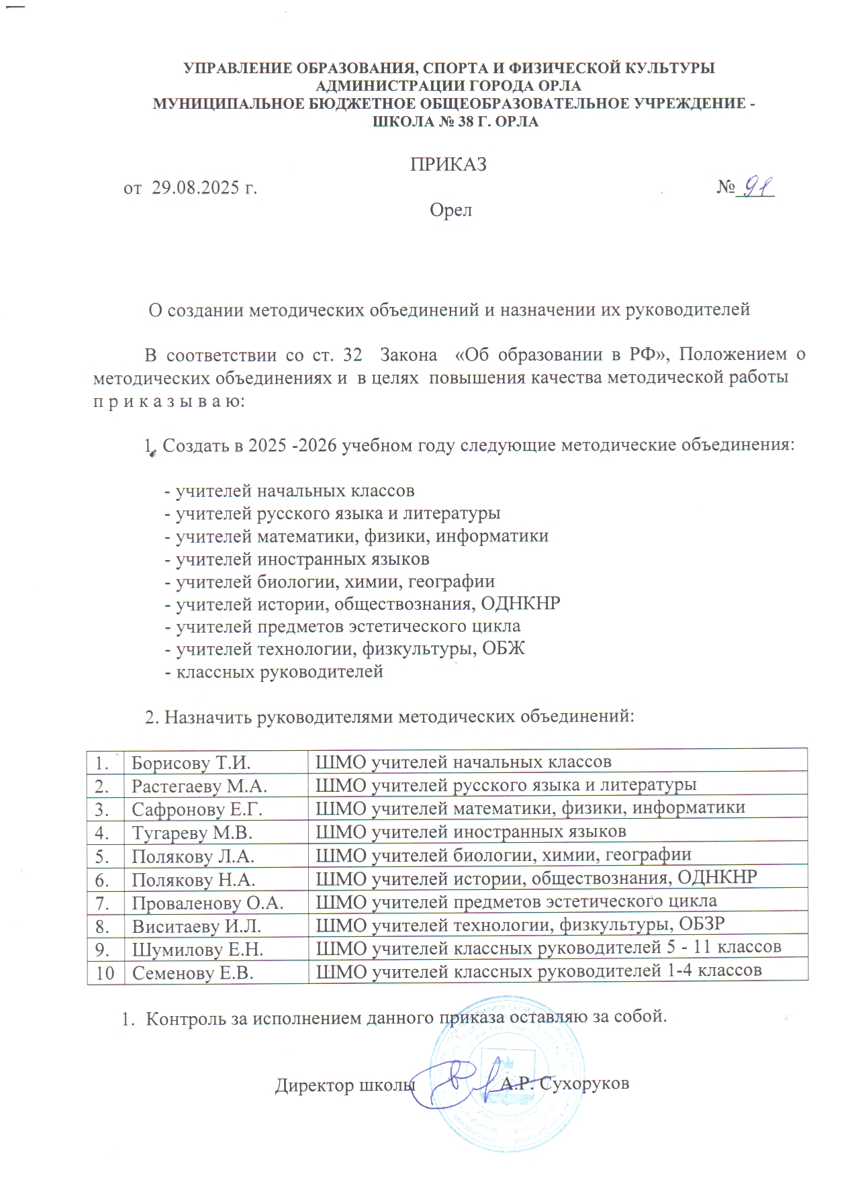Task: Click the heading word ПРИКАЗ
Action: point(448,165)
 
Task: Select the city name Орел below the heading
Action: point(451,210)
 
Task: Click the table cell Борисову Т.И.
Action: point(191,763)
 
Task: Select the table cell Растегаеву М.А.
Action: point(199,786)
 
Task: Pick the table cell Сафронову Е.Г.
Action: point(197,809)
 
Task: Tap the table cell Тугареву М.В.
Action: point(192,833)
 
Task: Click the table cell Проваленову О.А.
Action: point(207,903)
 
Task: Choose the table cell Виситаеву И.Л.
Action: point(197,926)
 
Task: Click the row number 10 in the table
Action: point(105,972)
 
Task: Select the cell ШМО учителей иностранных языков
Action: point(471,832)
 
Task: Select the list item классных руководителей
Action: point(279,671)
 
